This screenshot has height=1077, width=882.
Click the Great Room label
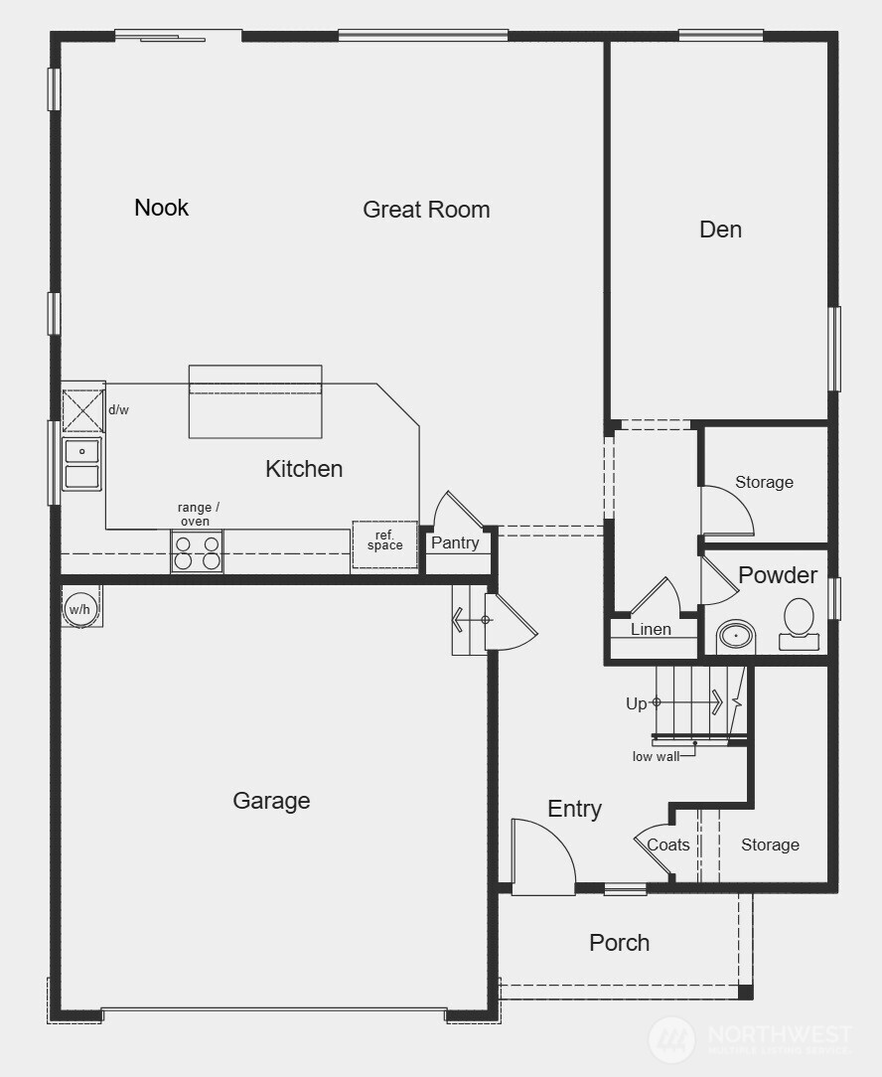click(426, 210)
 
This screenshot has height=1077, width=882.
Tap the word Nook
click(161, 208)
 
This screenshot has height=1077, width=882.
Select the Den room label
click(720, 230)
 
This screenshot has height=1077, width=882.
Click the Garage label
click(271, 801)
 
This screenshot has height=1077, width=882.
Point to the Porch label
click(619, 943)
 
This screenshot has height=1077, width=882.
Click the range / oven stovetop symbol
click(197, 552)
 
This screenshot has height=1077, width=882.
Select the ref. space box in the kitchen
click(384, 543)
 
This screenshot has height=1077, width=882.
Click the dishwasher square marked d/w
click(82, 410)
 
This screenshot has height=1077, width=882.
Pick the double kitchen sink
click(81, 464)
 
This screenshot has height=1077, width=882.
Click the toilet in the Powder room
click(799, 622)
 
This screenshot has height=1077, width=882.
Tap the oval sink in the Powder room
click(736, 634)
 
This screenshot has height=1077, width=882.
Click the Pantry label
click(455, 543)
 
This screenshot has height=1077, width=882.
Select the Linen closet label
click(651, 629)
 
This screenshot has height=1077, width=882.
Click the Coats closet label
click(668, 846)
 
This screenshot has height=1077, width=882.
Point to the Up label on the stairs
click(637, 703)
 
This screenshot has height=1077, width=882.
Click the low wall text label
click(656, 757)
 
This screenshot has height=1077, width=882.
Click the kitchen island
click(255, 401)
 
